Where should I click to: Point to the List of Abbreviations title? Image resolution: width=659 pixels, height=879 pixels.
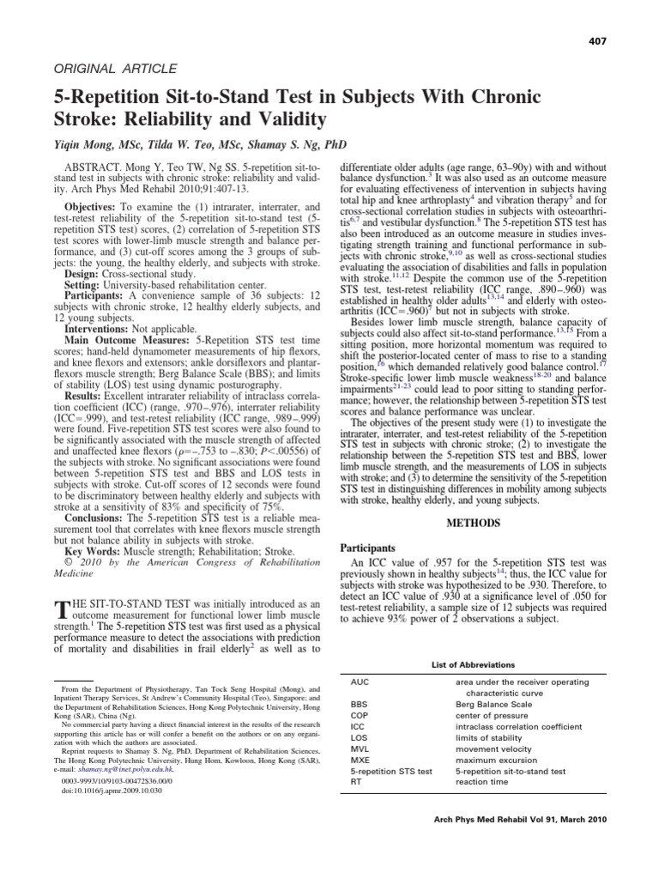(474, 664)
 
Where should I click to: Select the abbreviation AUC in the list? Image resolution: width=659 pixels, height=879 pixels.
(360, 682)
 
